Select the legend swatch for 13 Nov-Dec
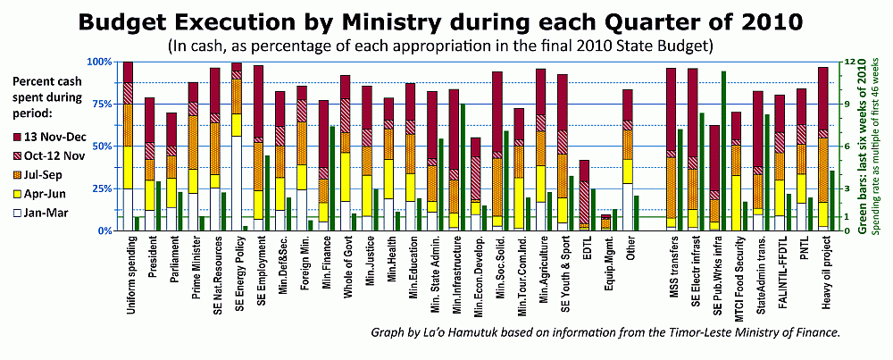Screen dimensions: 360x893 point(18,137)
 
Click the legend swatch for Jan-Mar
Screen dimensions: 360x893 point(18,213)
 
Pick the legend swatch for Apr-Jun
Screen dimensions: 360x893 point(18,194)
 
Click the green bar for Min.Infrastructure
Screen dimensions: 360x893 point(463,167)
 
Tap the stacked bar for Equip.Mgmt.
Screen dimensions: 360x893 point(605,222)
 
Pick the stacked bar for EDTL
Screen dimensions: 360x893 point(584,195)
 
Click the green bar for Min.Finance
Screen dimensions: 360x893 point(332,178)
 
